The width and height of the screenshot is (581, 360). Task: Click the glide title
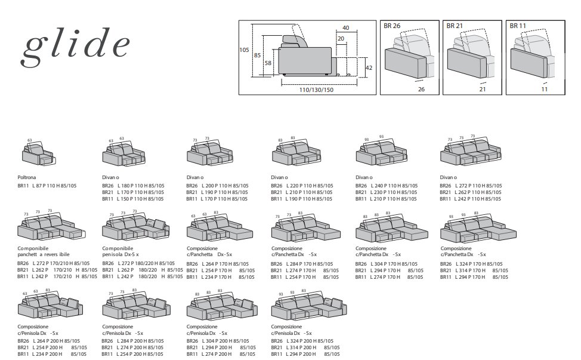pyautogui.click(x=76, y=46)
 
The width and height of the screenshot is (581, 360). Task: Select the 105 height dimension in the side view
pyautogui.click(x=244, y=50)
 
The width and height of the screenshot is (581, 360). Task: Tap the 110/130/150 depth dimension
pyautogui.click(x=316, y=90)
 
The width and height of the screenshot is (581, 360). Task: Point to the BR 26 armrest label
pyautogui.click(x=392, y=26)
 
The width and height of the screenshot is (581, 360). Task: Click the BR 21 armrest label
pyautogui.click(x=455, y=26)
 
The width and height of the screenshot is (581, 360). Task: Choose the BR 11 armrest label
pyautogui.click(x=518, y=26)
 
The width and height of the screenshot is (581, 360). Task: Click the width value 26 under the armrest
pyautogui.click(x=421, y=90)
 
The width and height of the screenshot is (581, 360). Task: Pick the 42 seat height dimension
pyautogui.click(x=369, y=68)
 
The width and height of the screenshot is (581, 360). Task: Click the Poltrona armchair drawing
pyautogui.click(x=39, y=152)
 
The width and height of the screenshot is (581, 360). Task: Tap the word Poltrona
pyautogui.click(x=27, y=177)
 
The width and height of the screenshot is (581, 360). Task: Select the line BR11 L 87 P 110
pyautogui.click(x=47, y=186)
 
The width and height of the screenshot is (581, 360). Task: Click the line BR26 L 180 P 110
pyautogui.click(x=133, y=186)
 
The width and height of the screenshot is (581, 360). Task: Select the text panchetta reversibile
pyautogui.click(x=44, y=255)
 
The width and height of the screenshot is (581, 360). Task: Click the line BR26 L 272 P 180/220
pyautogui.click(x=138, y=264)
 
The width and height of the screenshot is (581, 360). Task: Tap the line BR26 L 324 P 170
pyautogui.click(x=471, y=264)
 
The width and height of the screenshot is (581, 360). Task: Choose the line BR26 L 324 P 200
pyautogui.click(x=302, y=341)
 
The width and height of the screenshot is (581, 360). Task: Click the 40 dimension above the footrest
pyautogui.click(x=346, y=28)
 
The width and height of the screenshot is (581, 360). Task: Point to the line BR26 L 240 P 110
pyautogui.click(x=387, y=186)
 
